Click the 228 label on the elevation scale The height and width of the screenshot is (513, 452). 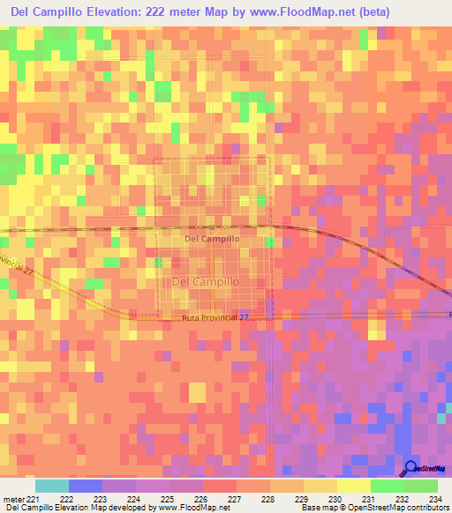(267, 499)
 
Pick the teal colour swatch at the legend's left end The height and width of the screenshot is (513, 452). (52, 486)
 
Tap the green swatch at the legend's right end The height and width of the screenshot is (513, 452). (420, 486)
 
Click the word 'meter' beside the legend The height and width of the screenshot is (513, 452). (14, 499)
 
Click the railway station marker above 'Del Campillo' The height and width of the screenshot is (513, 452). (211, 227)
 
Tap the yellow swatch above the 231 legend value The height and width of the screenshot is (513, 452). (353, 486)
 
